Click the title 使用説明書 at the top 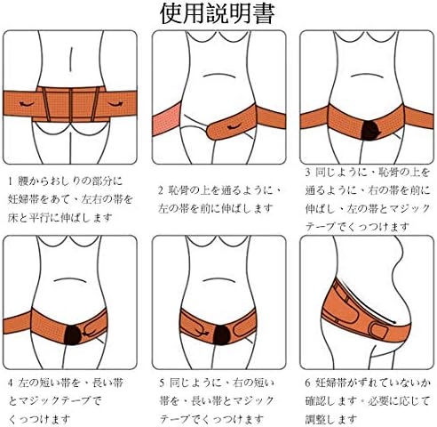point(218,14)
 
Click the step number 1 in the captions point(11,181)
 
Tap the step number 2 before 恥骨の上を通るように point(161,189)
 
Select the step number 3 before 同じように point(307,171)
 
